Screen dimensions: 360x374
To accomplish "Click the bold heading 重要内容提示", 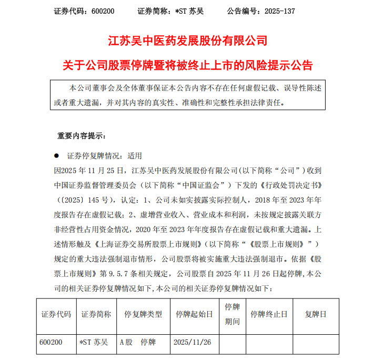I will pyautogui.click(x=81, y=136).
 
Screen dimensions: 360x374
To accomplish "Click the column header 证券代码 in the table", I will pyautogui.click(x=56, y=314).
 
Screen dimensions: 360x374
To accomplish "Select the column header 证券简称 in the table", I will pyautogui.click(x=96, y=314).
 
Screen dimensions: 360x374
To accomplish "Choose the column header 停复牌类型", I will pyautogui.click(x=143, y=314).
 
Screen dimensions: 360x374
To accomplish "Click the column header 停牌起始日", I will pyautogui.click(x=194, y=314).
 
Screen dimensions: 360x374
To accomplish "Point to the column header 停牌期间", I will pyautogui.click(x=232, y=314).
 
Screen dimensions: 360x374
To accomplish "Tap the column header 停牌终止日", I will pyautogui.click(x=269, y=314).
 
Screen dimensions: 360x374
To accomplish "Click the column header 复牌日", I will pyautogui.click(x=316, y=314).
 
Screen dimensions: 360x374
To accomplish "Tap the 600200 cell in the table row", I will pyautogui.click(x=51, y=342).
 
